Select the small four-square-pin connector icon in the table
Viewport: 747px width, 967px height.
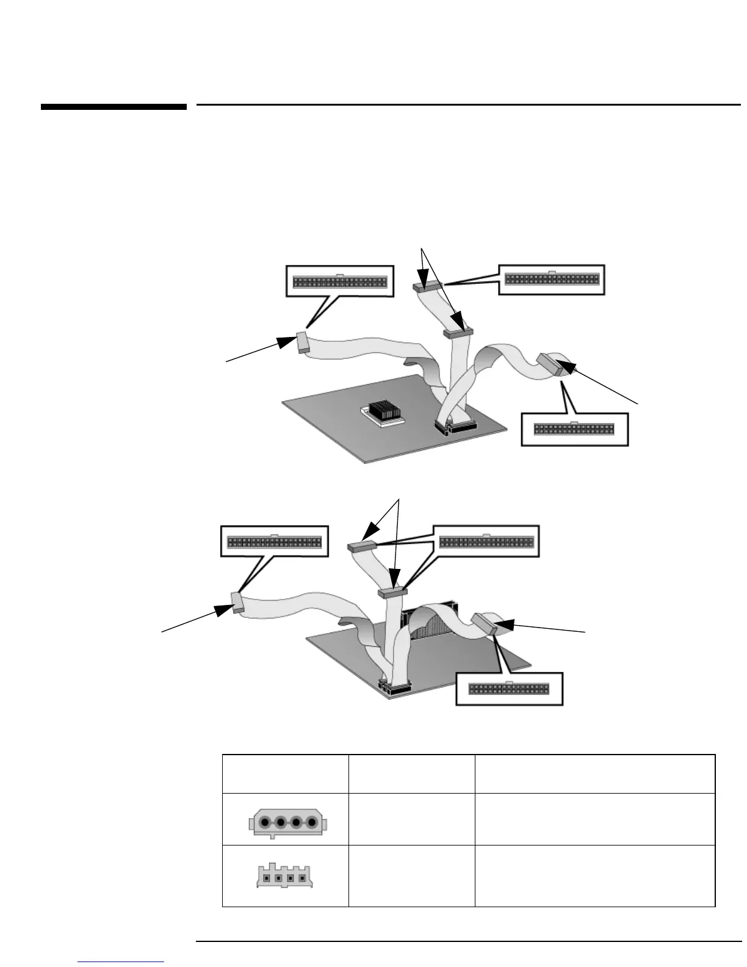[287, 877]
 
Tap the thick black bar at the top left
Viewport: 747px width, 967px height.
[114, 107]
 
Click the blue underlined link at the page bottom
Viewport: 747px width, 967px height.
[121, 962]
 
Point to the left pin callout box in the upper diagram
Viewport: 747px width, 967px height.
[340, 282]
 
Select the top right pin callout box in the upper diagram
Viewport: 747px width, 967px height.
[552, 280]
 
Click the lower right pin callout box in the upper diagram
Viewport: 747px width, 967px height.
[574, 429]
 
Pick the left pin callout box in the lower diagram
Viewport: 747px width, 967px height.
[274, 541]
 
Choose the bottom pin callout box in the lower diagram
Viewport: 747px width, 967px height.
[509, 688]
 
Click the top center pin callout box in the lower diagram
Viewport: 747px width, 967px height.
[486, 541]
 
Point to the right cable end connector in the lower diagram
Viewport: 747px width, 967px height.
[487, 624]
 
